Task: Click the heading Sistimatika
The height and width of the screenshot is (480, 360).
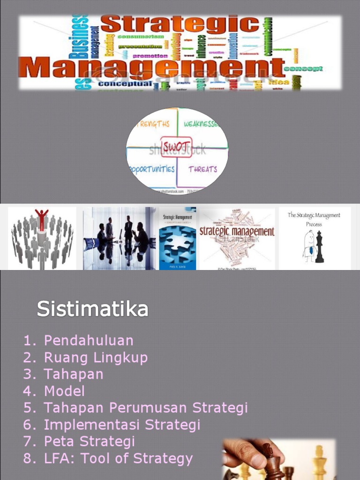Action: [x=92, y=309]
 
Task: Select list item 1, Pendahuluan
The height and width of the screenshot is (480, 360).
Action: [x=89, y=340]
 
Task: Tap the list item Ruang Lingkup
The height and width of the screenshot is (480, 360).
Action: [x=96, y=358]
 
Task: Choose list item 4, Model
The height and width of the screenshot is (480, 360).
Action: [x=64, y=391]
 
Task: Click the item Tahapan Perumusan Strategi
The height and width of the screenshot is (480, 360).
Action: [x=145, y=408]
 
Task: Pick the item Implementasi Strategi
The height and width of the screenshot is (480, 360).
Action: [x=122, y=425]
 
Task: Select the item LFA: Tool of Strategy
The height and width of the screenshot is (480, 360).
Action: [x=118, y=458]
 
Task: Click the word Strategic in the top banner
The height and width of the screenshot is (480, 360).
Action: [x=180, y=24]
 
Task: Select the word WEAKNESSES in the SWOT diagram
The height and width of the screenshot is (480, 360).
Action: [x=201, y=124]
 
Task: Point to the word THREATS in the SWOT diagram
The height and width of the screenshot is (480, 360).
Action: [x=202, y=169]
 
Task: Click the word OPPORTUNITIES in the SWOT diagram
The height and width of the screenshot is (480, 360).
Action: [x=151, y=169]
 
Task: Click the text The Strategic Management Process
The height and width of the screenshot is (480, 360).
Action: [x=314, y=219]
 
